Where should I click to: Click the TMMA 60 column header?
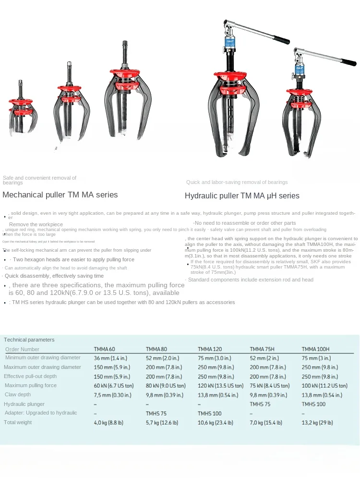pos(104,349)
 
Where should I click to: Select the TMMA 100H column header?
pos(315,349)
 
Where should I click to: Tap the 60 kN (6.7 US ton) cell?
pos(114,385)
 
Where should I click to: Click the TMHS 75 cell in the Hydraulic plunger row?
pos(260,404)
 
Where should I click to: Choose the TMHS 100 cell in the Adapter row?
pos(210,413)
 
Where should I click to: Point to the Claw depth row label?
pos(18,394)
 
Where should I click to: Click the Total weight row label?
pos(18,422)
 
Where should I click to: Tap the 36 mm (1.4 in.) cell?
pos(111,358)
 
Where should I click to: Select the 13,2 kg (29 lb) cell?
pos(317,422)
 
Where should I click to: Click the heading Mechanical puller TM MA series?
pos(60,195)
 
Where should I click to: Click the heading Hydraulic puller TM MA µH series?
pos(242,196)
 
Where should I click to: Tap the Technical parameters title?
pos(29,340)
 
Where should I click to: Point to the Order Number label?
pos(22,349)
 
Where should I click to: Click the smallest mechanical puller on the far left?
pos(21,110)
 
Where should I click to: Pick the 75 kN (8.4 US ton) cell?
pos(270,385)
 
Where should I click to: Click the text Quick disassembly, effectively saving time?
pos(54,276)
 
